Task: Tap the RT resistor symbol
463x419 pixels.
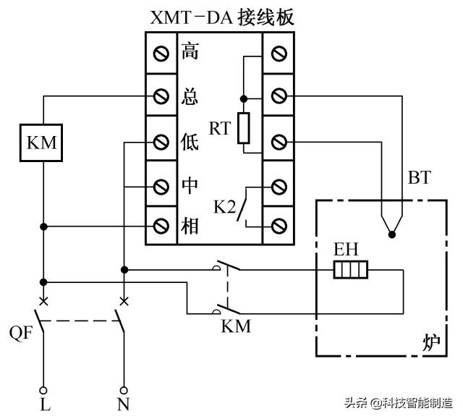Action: (244, 128)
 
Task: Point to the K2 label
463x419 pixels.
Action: (224, 207)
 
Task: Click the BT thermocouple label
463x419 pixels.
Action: (420, 177)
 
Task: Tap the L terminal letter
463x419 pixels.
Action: (45, 405)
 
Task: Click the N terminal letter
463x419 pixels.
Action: (124, 405)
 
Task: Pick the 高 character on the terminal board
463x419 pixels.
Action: (189, 52)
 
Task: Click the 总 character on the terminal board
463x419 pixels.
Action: (189, 96)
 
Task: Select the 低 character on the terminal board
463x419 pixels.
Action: (189, 141)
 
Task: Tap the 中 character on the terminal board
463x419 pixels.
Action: (189, 185)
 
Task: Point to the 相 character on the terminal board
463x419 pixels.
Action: (189, 227)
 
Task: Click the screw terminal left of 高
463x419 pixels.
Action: (161, 52)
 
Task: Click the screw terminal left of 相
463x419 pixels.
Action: (161, 227)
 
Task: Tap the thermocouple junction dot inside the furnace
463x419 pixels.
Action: (391, 234)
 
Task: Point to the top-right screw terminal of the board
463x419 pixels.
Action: (278, 52)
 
